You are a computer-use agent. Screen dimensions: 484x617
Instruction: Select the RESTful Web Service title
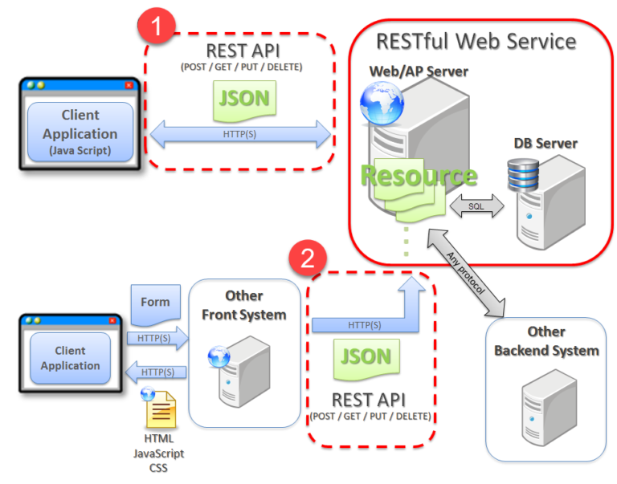pos(476,41)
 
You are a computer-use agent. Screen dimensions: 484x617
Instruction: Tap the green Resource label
pos(418,175)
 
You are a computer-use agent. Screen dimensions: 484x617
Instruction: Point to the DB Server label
pos(545,144)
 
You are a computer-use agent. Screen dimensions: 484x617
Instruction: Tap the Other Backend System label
pos(546,341)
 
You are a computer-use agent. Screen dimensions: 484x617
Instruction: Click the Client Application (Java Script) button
pos(80,132)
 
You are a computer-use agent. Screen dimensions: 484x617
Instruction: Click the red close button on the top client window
pos(129,85)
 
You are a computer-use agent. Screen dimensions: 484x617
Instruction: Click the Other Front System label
pos(243,306)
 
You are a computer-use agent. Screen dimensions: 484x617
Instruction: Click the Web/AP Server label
pos(419,72)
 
